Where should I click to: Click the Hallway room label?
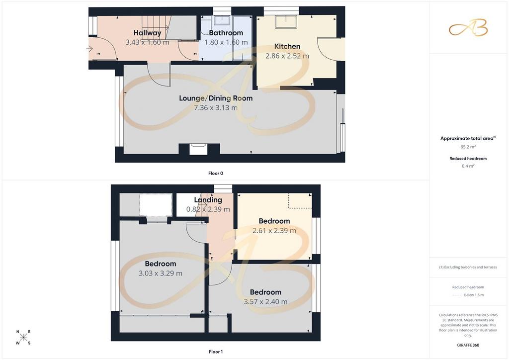(147, 33)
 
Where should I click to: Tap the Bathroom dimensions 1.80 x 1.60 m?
(226, 42)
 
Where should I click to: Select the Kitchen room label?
(287, 46)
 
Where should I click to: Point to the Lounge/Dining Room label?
(216, 98)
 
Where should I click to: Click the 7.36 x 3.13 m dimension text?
(216, 108)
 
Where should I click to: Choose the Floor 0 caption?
(216, 174)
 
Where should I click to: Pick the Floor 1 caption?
(216, 352)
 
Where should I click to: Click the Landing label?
(208, 200)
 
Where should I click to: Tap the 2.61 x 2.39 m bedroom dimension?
(274, 231)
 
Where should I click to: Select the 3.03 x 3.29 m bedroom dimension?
(161, 273)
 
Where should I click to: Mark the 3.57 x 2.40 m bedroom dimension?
(265, 301)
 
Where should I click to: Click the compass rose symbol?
(23, 337)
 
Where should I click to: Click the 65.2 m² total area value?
(468, 147)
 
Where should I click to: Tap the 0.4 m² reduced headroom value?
(468, 166)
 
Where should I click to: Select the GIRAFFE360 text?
(468, 345)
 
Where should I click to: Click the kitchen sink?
(286, 22)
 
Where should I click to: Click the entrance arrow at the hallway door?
(89, 49)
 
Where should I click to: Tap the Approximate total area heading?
(468, 138)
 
